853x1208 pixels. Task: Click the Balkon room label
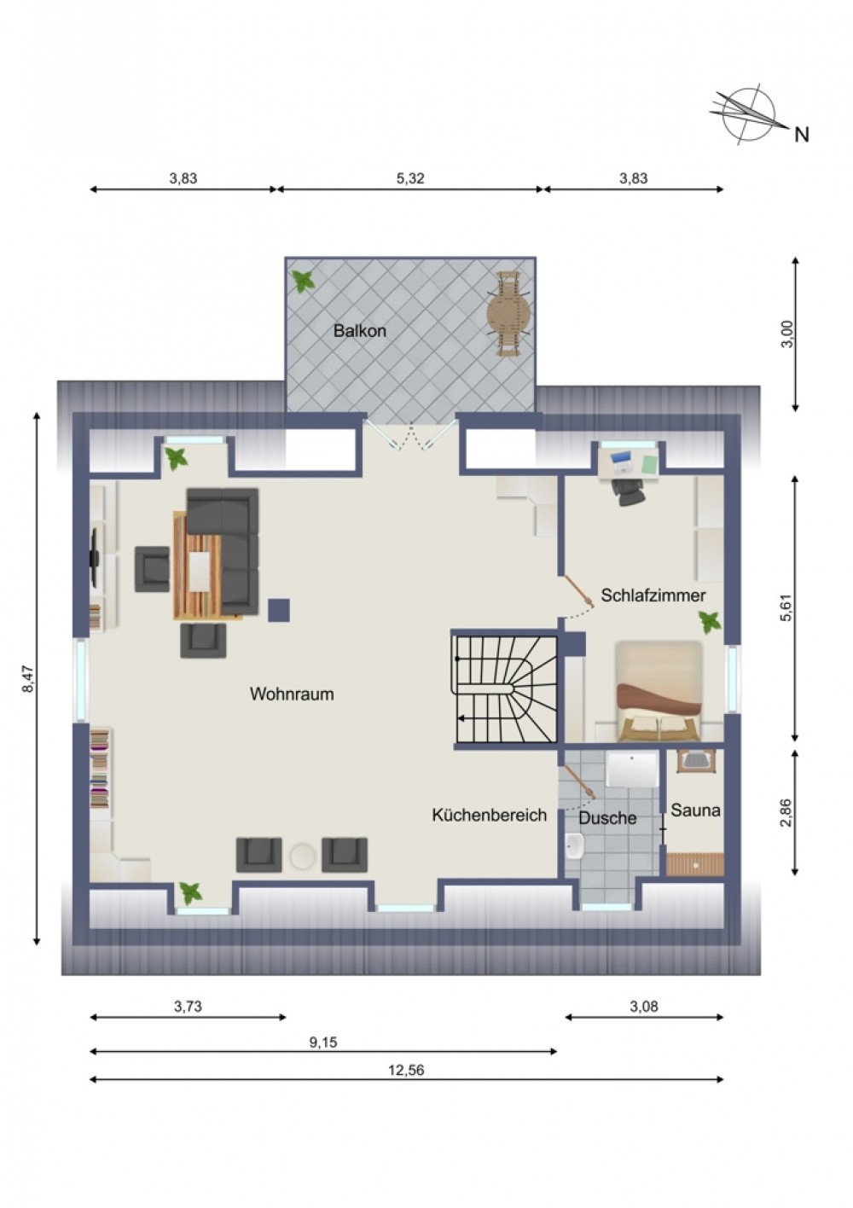(x=360, y=331)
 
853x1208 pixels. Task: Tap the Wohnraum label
(x=292, y=694)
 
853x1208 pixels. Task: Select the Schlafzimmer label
(x=653, y=595)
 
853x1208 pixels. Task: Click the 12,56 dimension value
(x=406, y=1070)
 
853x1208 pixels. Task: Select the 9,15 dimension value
(x=323, y=1042)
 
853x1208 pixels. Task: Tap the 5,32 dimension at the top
(x=410, y=178)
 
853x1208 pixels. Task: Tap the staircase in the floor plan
(x=506, y=689)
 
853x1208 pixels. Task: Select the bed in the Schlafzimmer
(x=659, y=691)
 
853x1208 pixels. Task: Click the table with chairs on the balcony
(x=509, y=313)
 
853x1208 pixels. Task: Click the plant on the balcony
(x=304, y=281)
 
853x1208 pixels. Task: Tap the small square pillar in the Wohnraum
(x=279, y=610)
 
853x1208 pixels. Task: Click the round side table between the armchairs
(x=302, y=857)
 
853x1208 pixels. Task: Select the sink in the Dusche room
(x=576, y=847)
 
